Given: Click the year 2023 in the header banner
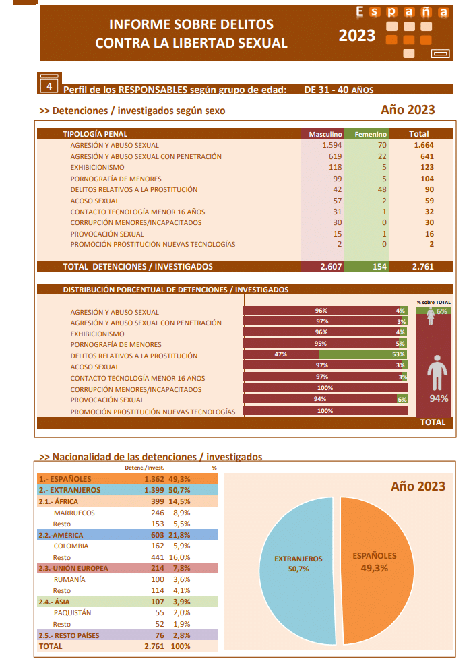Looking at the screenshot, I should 357,36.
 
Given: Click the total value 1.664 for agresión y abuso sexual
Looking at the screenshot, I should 423,145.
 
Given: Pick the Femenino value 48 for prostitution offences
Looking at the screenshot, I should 381,189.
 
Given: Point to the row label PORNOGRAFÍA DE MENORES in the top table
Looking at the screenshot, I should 116,179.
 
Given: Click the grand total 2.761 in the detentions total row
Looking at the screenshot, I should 423,267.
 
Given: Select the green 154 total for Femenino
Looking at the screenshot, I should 379,267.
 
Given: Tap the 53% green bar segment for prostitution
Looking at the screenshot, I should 364,354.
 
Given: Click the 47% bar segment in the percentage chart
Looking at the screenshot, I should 281,354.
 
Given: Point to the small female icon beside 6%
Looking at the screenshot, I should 430,316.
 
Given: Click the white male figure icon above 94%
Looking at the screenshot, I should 437,373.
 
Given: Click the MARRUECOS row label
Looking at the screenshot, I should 74,513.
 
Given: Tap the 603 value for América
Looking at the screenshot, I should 155,534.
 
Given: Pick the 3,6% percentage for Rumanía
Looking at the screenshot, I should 182,579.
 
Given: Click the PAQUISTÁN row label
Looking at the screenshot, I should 72,612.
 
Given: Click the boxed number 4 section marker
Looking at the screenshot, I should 49,85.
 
